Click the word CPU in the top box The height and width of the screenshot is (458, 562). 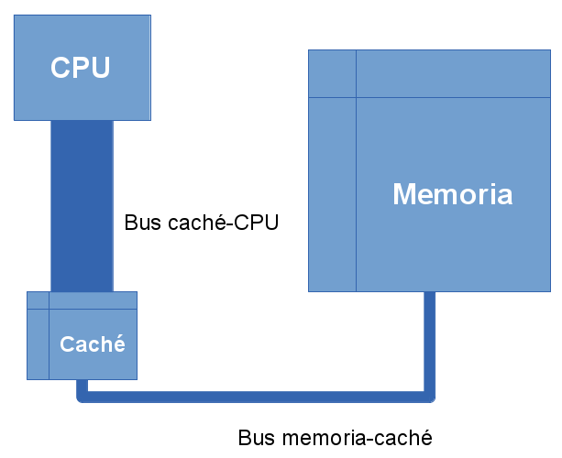pos(81,68)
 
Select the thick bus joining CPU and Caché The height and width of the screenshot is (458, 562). pos(82,206)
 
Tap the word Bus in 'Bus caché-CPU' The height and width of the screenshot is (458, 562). pos(141,222)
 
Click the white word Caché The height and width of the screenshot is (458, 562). pos(92,345)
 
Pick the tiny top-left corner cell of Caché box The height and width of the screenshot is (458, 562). pos(38,300)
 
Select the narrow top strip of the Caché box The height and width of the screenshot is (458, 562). pos(92,300)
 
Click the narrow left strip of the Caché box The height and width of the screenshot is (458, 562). pos(38,344)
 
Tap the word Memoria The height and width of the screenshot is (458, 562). pos(452,194)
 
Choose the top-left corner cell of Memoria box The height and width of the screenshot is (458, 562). pos(332,74)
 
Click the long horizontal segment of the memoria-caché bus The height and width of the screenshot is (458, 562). pos(257,397)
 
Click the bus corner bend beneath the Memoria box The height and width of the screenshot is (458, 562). pos(429,396)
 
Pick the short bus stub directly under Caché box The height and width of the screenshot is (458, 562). pos(82,387)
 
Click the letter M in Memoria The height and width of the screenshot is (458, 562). pos(405,194)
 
